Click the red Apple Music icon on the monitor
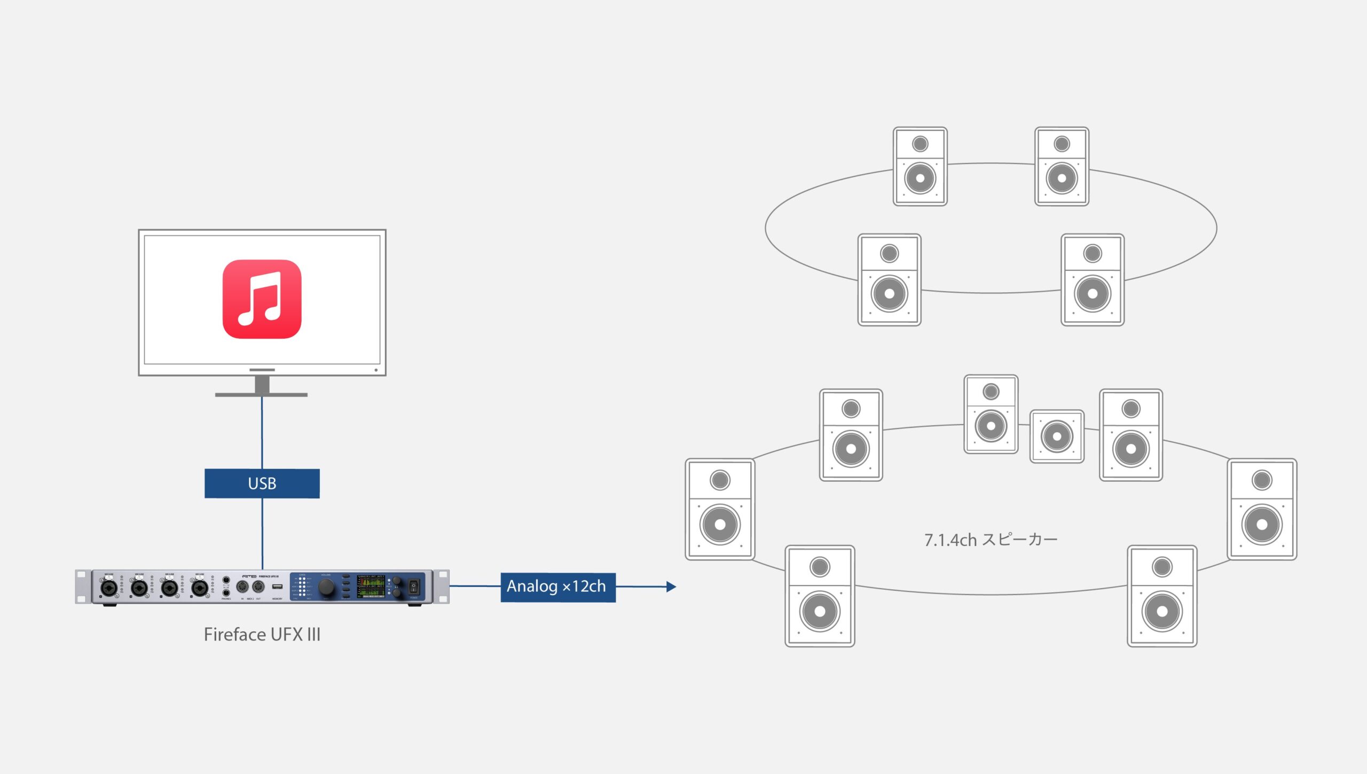coord(262,299)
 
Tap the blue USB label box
coord(262,483)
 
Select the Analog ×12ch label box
coord(557,587)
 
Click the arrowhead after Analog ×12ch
coord(671,587)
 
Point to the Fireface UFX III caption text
coord(262,635)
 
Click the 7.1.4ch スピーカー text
coord(991,540)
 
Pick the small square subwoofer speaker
coord(1056,436)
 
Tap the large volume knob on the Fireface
coord(326,587)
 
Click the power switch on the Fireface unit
coord(414,587)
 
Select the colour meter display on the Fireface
coord(371,587)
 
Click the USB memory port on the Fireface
coord(277,587)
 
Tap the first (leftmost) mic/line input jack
coord(108,588)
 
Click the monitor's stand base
coord(261,394)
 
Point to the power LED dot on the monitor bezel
coord(376,370)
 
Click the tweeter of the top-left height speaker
coord(920,144)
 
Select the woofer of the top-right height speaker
coord(1062,178)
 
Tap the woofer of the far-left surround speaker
coord(720,525)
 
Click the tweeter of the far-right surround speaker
coord(1262,480)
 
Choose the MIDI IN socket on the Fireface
coord(242,587)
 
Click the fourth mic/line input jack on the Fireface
coord(200,588)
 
